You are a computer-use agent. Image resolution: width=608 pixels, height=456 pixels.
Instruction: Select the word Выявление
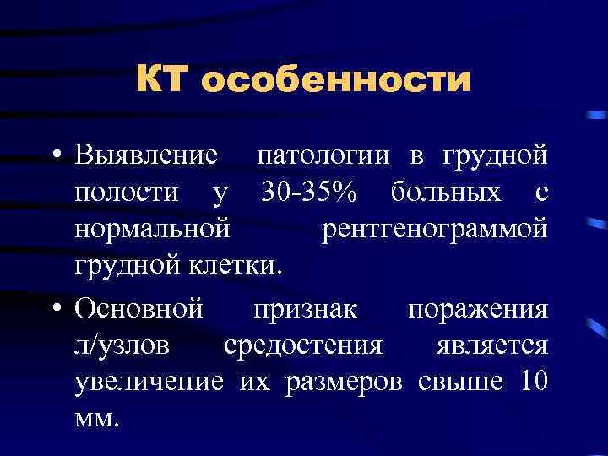pyautogui.click(x=148, y=156)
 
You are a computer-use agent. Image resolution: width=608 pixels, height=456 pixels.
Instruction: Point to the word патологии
pyautogui.click(x=323, y=156)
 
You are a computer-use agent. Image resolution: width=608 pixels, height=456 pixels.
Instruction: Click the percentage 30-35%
pyautogui.click(x=308, y=193)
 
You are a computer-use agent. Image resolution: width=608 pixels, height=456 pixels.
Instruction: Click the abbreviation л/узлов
pyautogui.click(x=126, y=345)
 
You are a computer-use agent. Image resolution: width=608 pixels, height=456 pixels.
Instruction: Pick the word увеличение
pyautogui.click(x=149, y=382)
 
